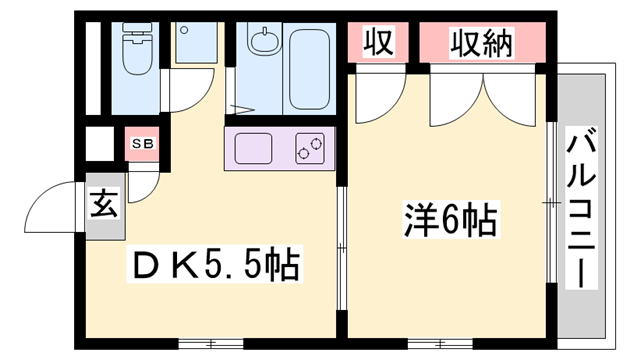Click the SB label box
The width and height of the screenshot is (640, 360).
coord(142,144)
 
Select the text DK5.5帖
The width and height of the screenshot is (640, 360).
coord(216,265)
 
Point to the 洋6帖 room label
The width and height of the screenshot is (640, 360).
coord(449,218)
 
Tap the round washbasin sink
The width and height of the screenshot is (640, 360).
coord(265,43)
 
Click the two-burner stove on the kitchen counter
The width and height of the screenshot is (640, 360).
coord(309,151)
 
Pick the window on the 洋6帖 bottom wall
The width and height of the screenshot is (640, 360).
coord(441,343)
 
